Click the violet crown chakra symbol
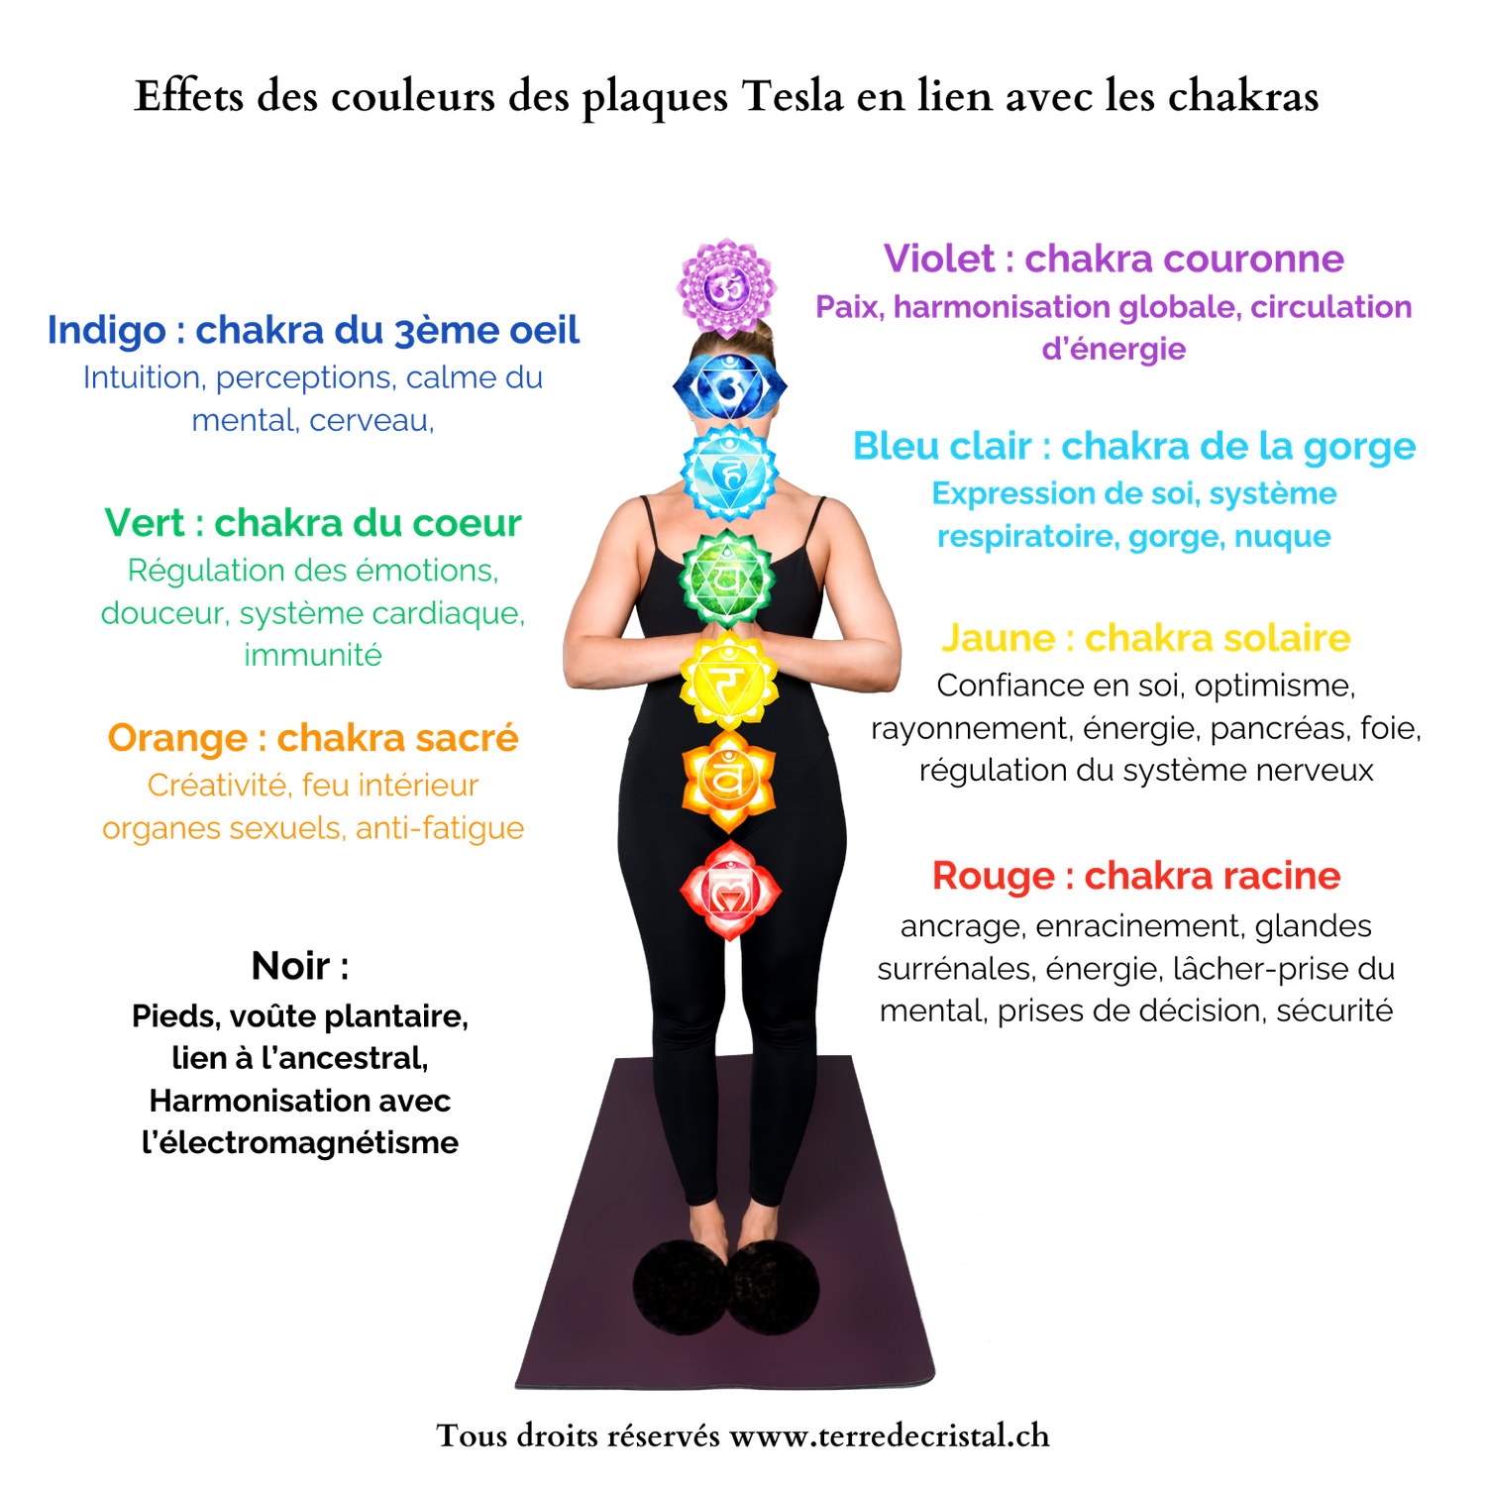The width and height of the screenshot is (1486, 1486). tap(725, 287)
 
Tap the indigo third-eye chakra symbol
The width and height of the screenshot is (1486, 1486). tap(730, 386)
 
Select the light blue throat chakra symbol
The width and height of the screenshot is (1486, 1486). tap(730, 473)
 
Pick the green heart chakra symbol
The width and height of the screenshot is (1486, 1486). tap(728, 577)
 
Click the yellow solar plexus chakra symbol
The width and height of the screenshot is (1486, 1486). tap(729, 681)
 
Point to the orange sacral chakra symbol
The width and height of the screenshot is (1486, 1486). tap(729, 781)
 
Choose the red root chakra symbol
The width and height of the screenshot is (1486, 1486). tap(730, 891)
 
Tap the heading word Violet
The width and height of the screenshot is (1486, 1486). tap(939, 259)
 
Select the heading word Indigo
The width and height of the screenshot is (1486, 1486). tap(106, 331)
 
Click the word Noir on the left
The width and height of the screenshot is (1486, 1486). tap(290, 966)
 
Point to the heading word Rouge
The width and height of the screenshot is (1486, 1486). tap(994, 877)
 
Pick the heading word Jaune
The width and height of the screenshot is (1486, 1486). tap(999, 638)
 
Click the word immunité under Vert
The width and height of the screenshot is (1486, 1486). tap(313, 655)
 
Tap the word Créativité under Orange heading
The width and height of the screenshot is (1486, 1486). tap(219, 785)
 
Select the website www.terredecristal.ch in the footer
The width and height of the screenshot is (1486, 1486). tap(890, 1435)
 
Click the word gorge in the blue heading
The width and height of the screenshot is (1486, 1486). tap(1359, 448)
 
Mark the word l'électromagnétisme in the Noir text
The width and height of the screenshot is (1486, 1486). tap(300, 1142)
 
